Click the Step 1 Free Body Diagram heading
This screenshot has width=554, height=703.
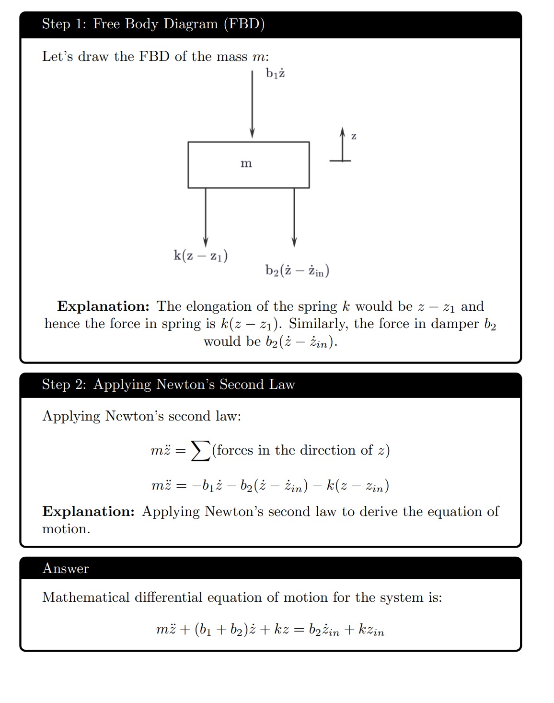[153, 24]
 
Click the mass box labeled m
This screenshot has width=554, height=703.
[248, 164]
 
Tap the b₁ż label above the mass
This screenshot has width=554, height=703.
[275, 73]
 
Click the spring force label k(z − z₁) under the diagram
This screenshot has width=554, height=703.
[200, 256]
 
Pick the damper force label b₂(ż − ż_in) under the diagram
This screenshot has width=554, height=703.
[297, 271]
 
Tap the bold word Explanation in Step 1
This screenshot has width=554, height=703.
[103, 306]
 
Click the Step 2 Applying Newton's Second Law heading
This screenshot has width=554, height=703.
[168, 385]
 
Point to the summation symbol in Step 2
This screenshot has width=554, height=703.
[200, 451]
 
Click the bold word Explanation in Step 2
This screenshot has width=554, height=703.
[88, 512]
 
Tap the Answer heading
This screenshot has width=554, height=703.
[66, 569]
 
